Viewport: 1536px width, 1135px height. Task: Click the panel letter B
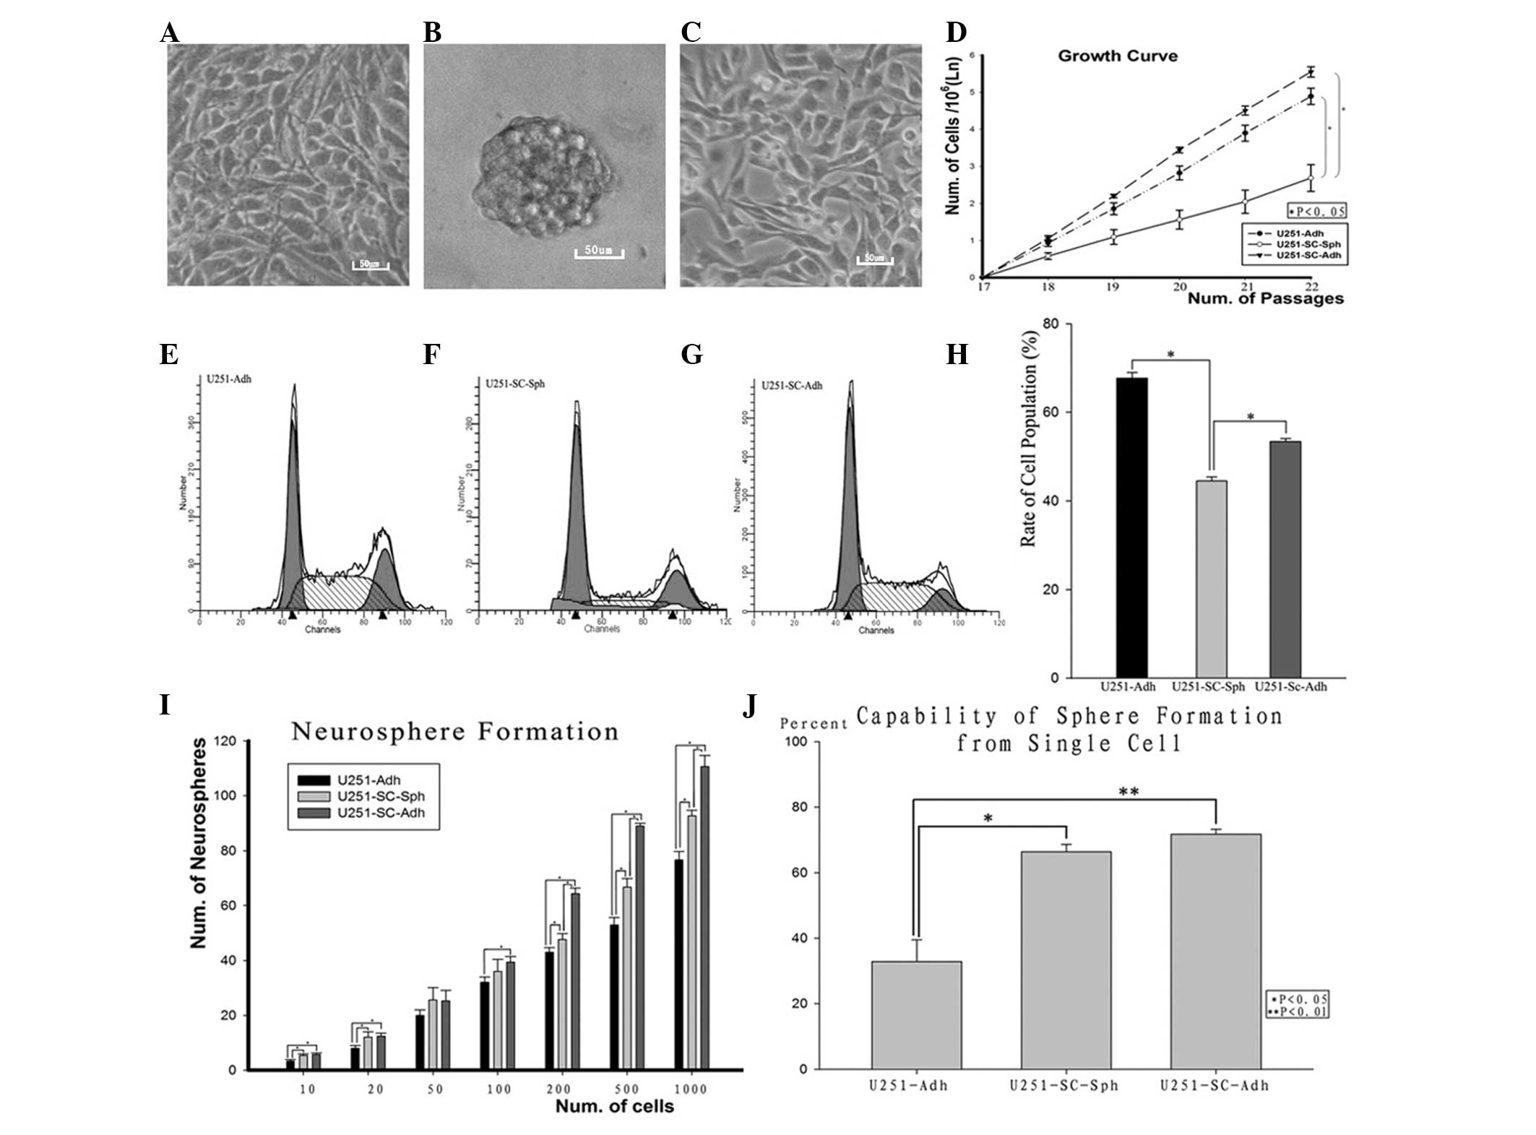(432, 33)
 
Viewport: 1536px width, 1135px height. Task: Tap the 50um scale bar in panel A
(370, 264)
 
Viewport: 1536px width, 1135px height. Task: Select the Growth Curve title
(1117, 56)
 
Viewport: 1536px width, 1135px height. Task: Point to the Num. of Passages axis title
(1265, 298)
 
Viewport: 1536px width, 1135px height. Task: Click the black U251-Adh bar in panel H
(1131, 527)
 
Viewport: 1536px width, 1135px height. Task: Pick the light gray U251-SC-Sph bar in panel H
(1211, 579)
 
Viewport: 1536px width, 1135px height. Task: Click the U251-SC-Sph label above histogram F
(516, 384)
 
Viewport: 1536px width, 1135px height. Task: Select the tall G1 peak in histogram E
(293, 506)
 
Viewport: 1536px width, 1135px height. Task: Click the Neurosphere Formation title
(455, 732)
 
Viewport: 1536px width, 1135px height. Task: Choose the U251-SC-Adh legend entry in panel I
(380, 813)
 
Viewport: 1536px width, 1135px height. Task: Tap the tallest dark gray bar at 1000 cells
(704, 918)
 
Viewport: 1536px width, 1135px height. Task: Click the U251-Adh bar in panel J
(916, 1014)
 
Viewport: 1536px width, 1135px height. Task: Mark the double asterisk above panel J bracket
(1129, 791)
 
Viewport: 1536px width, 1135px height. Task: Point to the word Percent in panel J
(814, 724)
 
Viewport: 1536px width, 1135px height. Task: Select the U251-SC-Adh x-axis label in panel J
(1214, 1085)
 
